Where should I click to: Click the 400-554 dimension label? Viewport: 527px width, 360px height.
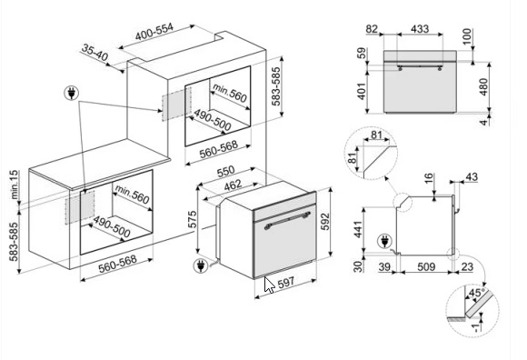(x=154, y=32)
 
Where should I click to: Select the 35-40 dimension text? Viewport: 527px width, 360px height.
(x=94, y=53)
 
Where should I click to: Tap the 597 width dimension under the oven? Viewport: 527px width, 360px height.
(x=286, y=283)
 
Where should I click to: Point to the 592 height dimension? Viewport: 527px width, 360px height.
(x=325, y=222)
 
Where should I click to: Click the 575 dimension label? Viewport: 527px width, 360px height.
(x=192, y=219)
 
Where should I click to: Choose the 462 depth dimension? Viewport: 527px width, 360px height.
(x=233, y=185)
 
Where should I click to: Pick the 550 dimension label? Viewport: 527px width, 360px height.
(x=226, y=172)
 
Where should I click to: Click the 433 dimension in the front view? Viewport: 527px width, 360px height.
(x=420, y=29)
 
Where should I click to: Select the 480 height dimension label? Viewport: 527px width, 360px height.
(x=483, y=86)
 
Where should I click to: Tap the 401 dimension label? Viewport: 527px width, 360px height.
(x=362, y=92)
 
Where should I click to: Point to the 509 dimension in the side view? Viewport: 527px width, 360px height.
(x=426, y=267)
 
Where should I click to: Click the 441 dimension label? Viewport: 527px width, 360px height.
(x=358, y=229)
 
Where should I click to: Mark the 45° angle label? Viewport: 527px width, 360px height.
(x=477, y=293)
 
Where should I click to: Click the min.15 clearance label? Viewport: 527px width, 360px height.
(x=15, y=185)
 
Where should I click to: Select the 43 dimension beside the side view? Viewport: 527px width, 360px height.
(x=472, y=176)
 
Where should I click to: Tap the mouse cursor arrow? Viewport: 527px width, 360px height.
(x=269, y=285)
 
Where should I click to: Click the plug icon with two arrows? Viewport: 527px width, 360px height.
(x=71, y=93)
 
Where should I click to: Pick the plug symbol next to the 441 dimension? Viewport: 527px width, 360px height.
(x=385, y=241)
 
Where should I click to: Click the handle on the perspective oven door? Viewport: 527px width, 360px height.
(x=287, y=221)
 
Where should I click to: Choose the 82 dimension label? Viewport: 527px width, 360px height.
(x=372, y=29)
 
